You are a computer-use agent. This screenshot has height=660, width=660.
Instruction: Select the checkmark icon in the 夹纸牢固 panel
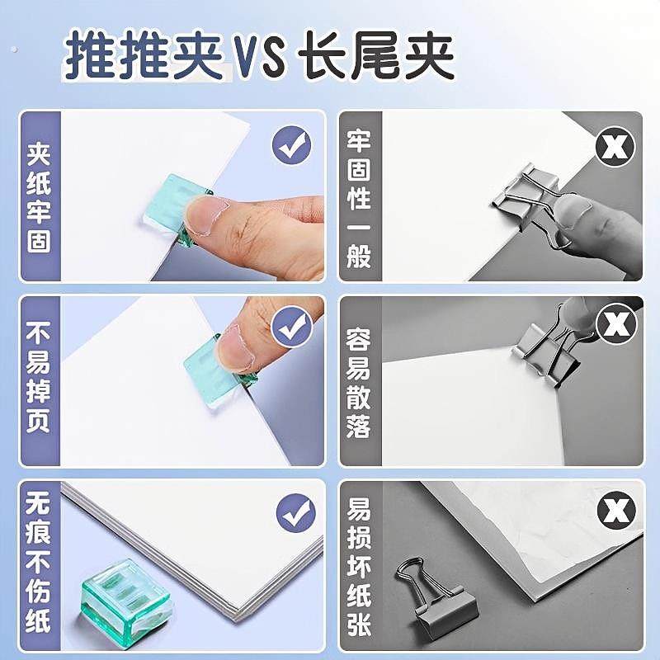tap(293, 147)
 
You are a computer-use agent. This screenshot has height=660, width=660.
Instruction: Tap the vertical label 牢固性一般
tap(359, 199)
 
